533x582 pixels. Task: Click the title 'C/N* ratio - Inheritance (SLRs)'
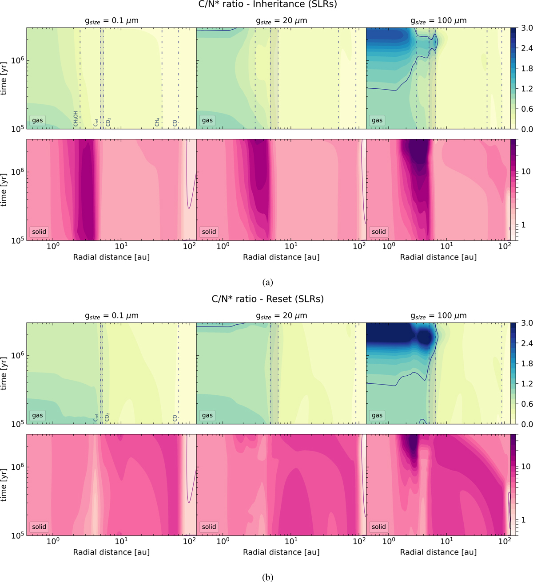coord(267,5)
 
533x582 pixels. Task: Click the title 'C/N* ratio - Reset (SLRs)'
coord(267,299)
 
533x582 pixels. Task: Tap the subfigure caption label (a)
coord(267,282)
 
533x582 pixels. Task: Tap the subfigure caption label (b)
coord(267,577)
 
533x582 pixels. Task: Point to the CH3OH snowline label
coord(76,119)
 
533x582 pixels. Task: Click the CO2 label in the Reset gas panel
coord(107,417)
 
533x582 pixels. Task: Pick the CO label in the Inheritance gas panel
coord(175,122)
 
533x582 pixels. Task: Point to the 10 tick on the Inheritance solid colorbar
coord(526,172)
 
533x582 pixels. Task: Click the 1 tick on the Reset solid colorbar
coord(523,520)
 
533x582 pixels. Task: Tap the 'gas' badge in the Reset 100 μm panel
coord(377,415)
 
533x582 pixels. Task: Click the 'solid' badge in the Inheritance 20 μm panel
coord(209,232)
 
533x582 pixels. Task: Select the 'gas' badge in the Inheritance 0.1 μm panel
coord(38,120)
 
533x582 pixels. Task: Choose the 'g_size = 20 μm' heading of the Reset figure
coord(281,316)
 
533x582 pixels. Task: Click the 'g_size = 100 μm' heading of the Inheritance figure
coord(438,21)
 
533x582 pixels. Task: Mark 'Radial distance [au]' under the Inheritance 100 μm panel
coord(438,257)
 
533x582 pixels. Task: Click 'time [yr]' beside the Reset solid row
coord(4,484)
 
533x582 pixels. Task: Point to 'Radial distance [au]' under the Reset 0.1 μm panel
coord(111,552)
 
